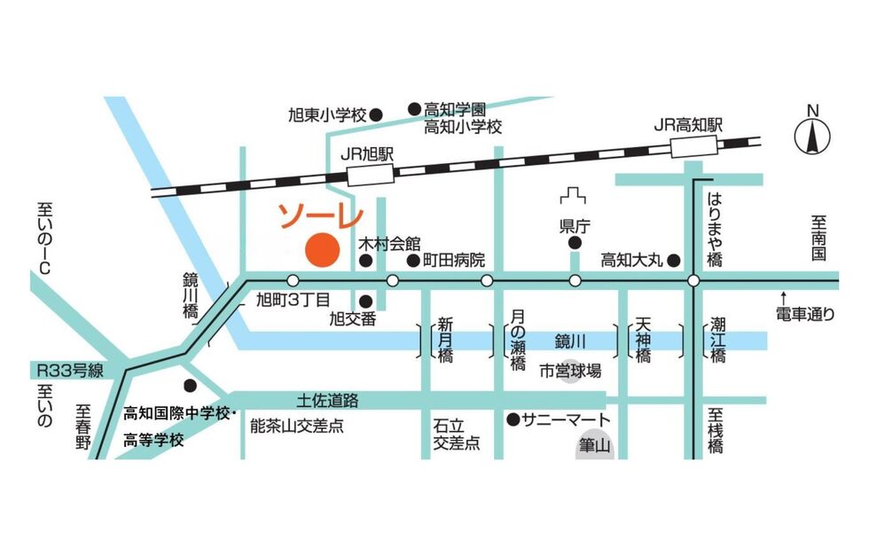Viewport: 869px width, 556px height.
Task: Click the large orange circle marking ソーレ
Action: [x=321, y=250]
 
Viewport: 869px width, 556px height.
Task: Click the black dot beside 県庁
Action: [x=575, y=242]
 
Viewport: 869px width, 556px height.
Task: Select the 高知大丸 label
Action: [x=633, y=261]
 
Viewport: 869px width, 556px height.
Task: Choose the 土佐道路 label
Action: [x=327, y=402]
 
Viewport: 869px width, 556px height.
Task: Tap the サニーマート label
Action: [x=567, y=419]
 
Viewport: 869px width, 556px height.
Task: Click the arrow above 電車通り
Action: [x=784, y=296]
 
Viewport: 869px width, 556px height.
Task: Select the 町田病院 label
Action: [x=454, y=261]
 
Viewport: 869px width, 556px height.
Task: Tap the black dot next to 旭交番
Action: [x=365, y=300]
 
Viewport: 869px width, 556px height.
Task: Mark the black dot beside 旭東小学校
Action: [x=375, y=114]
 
